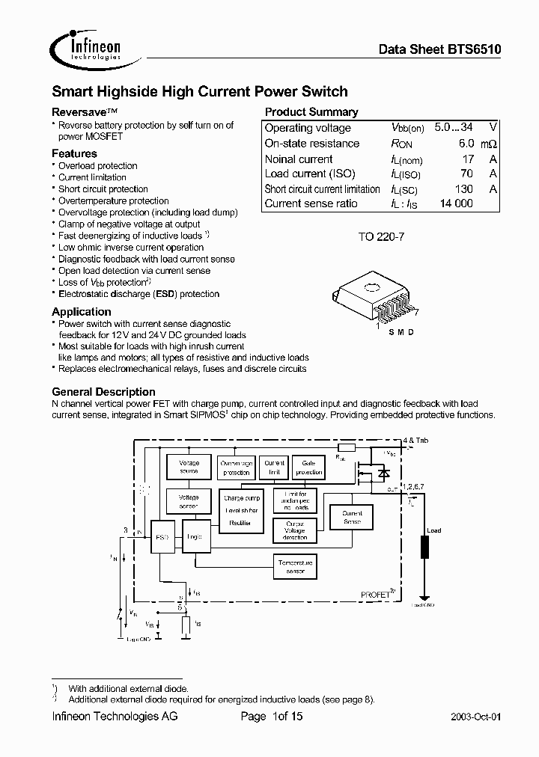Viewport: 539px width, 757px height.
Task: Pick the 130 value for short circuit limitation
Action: click(x=463, y=189)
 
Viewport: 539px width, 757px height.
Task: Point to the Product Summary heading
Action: click(x=311, y=112)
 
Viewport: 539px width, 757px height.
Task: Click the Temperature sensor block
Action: click(x=295, y=566)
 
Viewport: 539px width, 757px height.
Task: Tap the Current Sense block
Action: click(x=352, y=518)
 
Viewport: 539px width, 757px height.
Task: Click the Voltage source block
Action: click(x=189, y=468)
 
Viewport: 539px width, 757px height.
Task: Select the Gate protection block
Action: click(x=309, y=468)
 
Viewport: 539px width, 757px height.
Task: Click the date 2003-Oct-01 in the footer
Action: click(x=476, y=717)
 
